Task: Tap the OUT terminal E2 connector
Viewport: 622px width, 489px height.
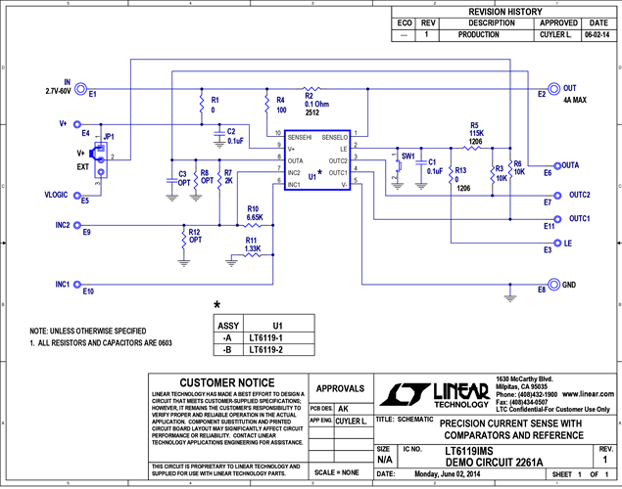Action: click(554, 87)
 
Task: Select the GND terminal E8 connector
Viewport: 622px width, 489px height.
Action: click(554, 285)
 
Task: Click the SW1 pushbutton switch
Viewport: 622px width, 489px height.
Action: click(400, 166)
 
